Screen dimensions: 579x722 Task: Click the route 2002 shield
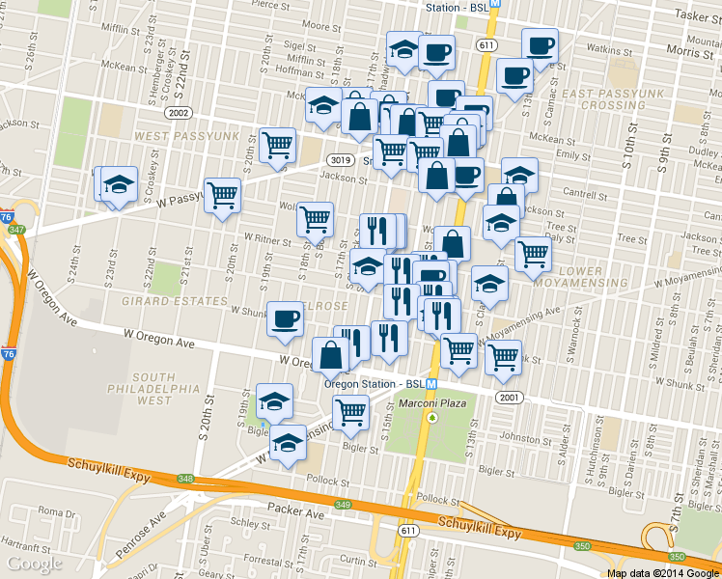[x=178, y=113]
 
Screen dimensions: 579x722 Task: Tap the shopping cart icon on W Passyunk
[x=222, y=195]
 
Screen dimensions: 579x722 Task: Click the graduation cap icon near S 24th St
[x=119, y=182]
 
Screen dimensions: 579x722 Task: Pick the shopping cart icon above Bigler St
[x=350, y=412]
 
